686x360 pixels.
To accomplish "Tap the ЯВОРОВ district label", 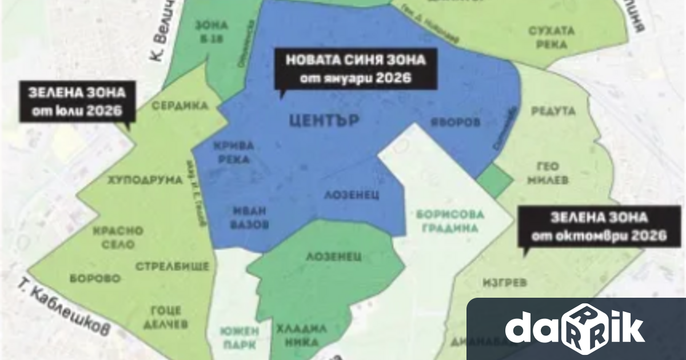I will point(456,122).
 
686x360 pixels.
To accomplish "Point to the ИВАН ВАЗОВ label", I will point(250,217).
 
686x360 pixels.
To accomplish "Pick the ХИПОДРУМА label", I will point(145,180).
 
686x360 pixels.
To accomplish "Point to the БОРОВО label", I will point(95,279).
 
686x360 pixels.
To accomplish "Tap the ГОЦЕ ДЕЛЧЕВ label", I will point(166,317).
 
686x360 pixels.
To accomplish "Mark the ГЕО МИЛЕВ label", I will point(552,173).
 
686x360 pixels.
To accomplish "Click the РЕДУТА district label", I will point(553,111).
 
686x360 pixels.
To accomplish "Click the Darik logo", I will point(575,329).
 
